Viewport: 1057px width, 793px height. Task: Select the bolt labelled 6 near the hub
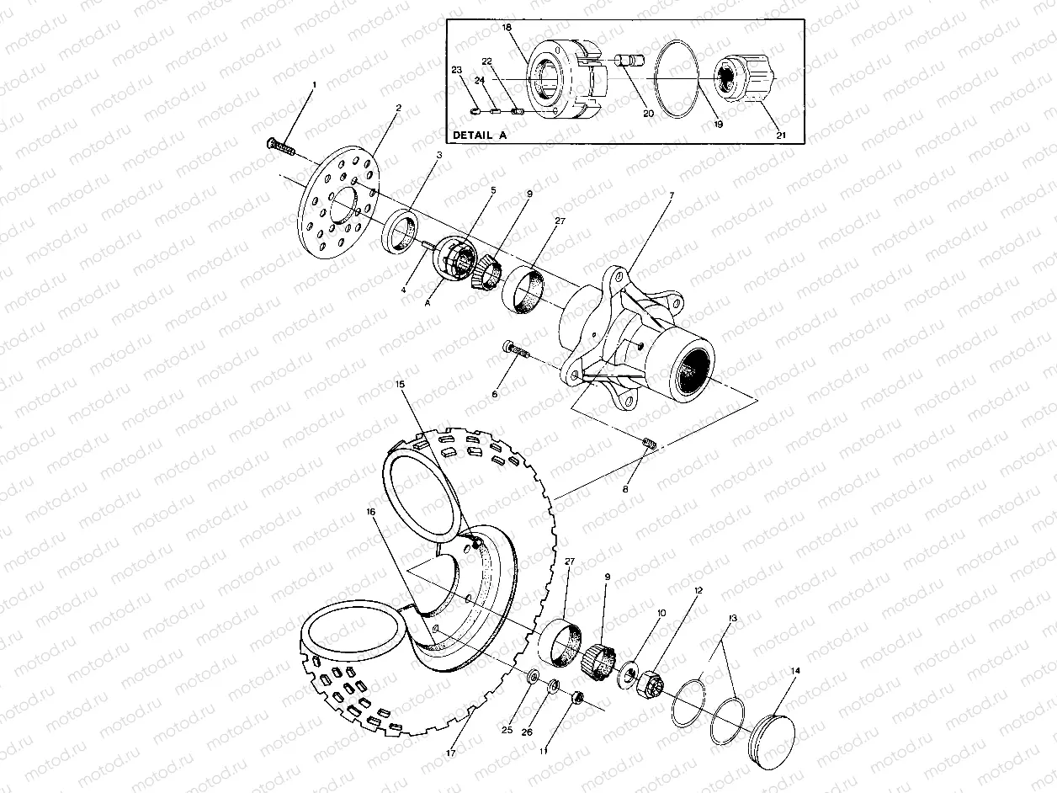pos(515,349)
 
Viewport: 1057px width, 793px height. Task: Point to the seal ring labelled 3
pos(402,232)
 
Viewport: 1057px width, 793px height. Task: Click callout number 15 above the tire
pos(400,385)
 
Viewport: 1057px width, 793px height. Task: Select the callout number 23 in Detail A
pos(457,71)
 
